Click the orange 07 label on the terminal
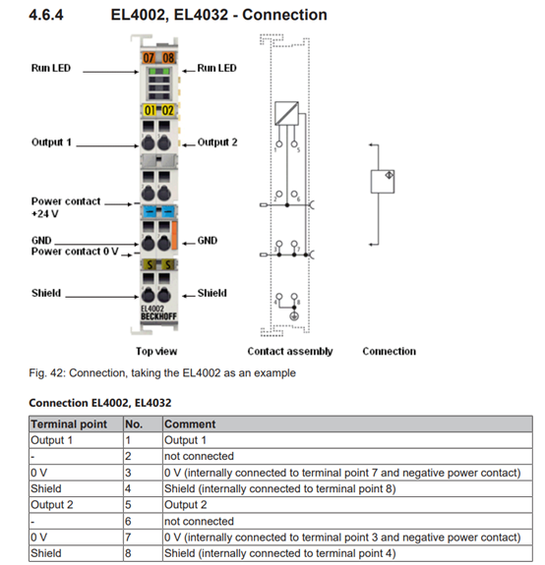(149, 58)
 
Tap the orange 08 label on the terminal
(168, 58)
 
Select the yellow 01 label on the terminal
(150, 110)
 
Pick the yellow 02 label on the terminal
(167, 110)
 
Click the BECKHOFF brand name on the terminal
(158, 316)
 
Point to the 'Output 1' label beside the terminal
(51, 141)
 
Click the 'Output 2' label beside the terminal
(217, 141)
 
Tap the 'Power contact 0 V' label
(75, 252)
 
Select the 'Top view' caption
(156, 351)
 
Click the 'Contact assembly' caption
(289, 351)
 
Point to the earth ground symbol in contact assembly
(294, 316)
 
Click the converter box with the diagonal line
(286, 113)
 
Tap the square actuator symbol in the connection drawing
(383, 182)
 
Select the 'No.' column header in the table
(134, 424)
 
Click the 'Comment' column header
(190, 424)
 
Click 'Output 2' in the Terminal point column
(52, 505)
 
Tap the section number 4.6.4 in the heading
(46, 15)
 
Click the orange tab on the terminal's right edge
(174, 235)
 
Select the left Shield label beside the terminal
(46, 293)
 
